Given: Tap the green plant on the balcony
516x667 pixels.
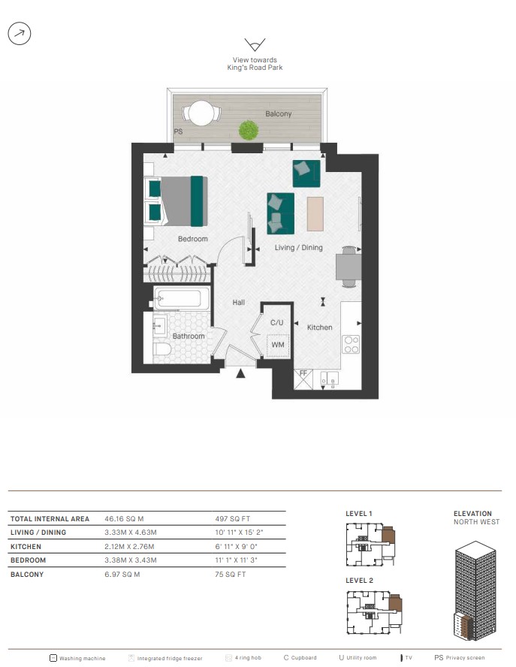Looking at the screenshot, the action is (249, 130).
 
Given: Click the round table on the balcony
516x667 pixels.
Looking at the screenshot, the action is (201, 113).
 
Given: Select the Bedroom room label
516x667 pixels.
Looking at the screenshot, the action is (193, 239).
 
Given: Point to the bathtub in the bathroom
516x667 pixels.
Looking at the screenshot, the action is (182, 298).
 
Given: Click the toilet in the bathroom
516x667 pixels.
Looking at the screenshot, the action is (161, 349).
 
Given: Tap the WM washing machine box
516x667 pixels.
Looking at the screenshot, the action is (278, 345).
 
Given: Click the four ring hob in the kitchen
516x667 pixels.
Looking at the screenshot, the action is (352, 345).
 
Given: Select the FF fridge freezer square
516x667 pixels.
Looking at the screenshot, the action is (303, 379).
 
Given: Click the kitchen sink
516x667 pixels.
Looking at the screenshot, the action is (329, 379).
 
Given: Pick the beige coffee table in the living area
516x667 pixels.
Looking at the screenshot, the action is (315, 213).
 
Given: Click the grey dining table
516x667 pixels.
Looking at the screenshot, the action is (349, 267).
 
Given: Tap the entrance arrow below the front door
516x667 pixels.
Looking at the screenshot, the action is (240, 373).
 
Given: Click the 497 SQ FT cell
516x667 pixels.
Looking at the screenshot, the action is (233, 519).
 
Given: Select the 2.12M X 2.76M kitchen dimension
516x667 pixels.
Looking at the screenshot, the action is (129, 547).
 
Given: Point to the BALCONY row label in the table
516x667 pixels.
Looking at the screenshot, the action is (27, 575).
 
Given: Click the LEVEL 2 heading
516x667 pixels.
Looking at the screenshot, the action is (360, 581).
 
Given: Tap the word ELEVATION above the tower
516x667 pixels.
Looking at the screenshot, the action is (472, 514).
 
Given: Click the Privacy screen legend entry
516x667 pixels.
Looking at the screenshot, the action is (460, 658).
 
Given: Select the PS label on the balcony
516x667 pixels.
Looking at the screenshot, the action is (178, 132).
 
